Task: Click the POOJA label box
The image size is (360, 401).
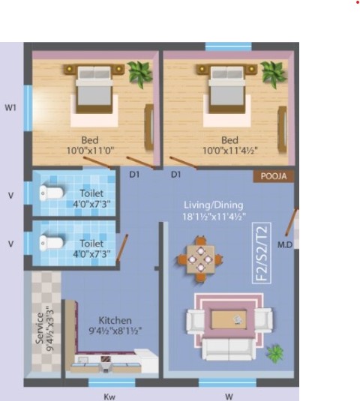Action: pos(274,176)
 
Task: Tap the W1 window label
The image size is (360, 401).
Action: pos(10,108)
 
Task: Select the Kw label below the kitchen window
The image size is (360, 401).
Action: pos(109,397)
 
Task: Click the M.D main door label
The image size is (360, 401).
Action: pos(285,245)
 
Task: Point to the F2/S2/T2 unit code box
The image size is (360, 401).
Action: pos(262,253)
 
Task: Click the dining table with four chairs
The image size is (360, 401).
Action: pos(200,259)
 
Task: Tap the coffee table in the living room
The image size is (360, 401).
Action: pos(229,319)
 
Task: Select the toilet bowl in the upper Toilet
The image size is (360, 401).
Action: pos(51,193)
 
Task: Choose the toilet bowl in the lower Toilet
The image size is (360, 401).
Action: pos(51,243)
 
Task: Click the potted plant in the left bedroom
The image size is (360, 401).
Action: pos(139,74)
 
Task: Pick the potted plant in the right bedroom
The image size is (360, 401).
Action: pos(273,74)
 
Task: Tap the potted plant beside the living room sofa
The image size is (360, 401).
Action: pos(275,354)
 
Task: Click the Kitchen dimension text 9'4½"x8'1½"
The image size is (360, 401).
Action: pos(115,331)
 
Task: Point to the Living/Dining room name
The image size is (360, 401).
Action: pos(214,205)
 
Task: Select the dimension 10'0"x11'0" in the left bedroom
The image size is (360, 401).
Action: pos(90,151)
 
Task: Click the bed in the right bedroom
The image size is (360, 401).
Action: pos(227,89)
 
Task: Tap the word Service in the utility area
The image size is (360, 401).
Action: pos(40,328)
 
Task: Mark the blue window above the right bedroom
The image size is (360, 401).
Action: pos(229,46)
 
